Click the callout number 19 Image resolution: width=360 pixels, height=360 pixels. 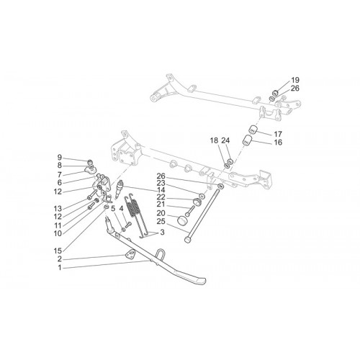click(x=295, y=80)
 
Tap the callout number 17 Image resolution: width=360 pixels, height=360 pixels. click(x=278, y=134)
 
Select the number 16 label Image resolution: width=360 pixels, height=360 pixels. click(x=278, y=143)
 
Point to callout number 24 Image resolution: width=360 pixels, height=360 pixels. click(x=225, y=140)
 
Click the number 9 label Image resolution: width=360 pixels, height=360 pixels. click(x=60, y=158)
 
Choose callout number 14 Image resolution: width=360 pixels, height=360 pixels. click(x=161, y=191)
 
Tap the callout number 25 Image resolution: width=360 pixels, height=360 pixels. click(x=161, y=221)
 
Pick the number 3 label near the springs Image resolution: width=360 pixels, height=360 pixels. click(x=163, y=233)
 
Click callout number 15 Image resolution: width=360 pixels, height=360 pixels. click(x=58, y=251)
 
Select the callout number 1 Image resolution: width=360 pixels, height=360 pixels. click(x=60, y=268)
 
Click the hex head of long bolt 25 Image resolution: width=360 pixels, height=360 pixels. click(x=188, y=239)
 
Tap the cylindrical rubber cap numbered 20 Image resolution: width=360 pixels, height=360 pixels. click(x=183, y=220)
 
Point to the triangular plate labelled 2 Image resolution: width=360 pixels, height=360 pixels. click(x=130, y=254)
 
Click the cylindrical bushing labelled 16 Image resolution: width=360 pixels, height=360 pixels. click(x=247, y=140)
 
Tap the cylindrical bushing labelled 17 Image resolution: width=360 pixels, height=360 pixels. click(x=253, y=130)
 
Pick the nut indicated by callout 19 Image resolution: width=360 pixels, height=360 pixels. click(x=276, y=92)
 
